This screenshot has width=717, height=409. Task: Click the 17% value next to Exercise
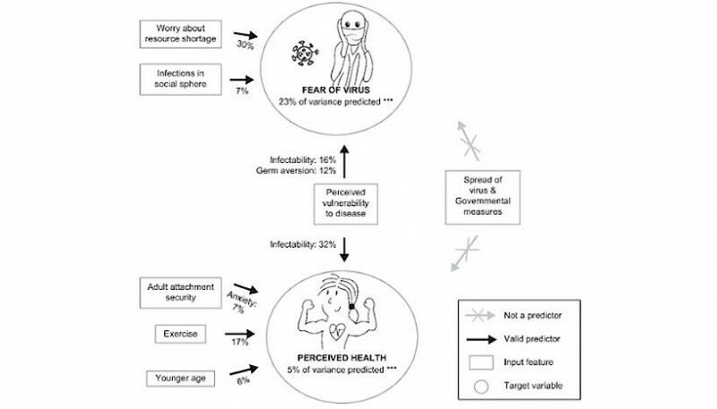pyautogui.click(x=240, y=342)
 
